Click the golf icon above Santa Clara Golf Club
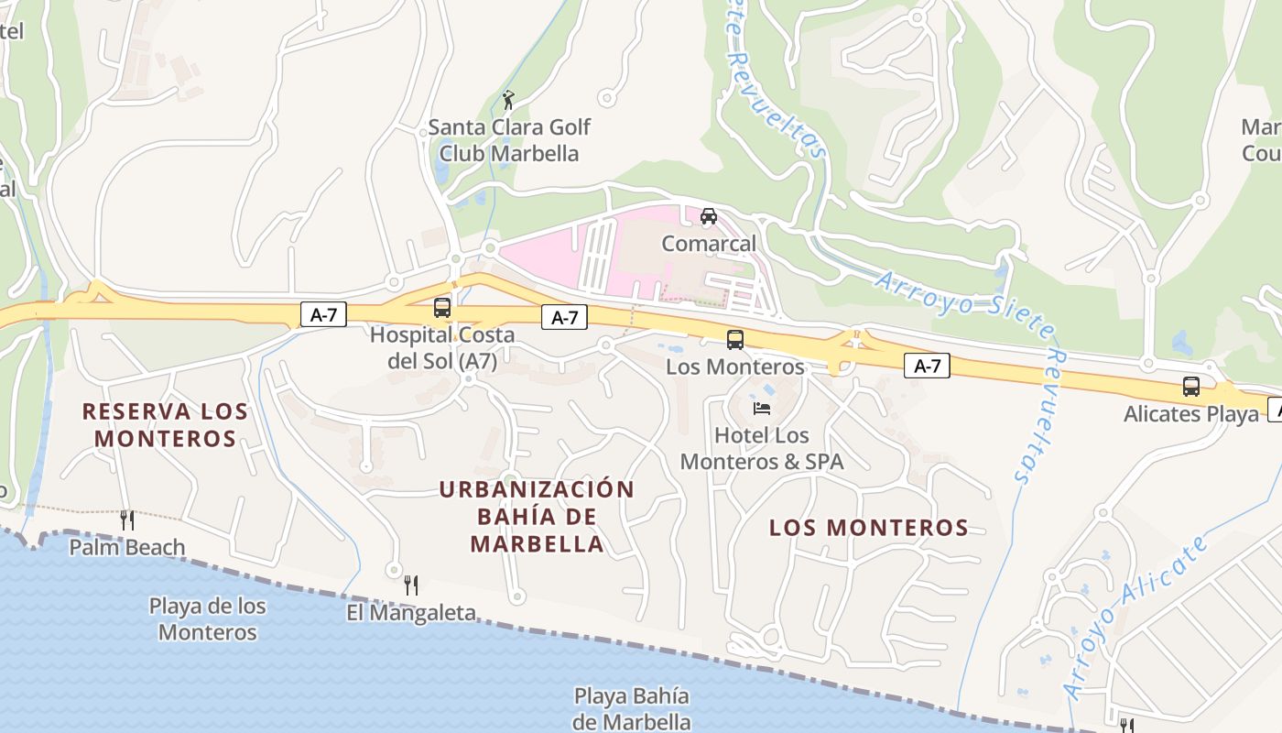(509, 99)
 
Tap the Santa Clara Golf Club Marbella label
(509, 140)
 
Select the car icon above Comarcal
(708, 216)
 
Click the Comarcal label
(709, 244)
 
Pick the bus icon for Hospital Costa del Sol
(442, 308)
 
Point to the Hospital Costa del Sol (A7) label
(442, 348)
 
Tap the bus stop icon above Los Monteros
(734, 340)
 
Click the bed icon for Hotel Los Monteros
(762, 408)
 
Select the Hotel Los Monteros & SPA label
(762, 448)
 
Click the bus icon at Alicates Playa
(1190, 387)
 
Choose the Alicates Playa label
(1191, 414)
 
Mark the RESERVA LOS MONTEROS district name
(166, 424)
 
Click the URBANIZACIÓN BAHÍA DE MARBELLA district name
(537, 517)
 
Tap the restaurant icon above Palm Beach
(127, 520)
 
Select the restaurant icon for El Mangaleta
(411, 585)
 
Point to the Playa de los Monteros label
(208, 619)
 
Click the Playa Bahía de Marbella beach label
(632, 708)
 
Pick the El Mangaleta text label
(411, 612)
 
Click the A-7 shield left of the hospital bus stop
(324, 315)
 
